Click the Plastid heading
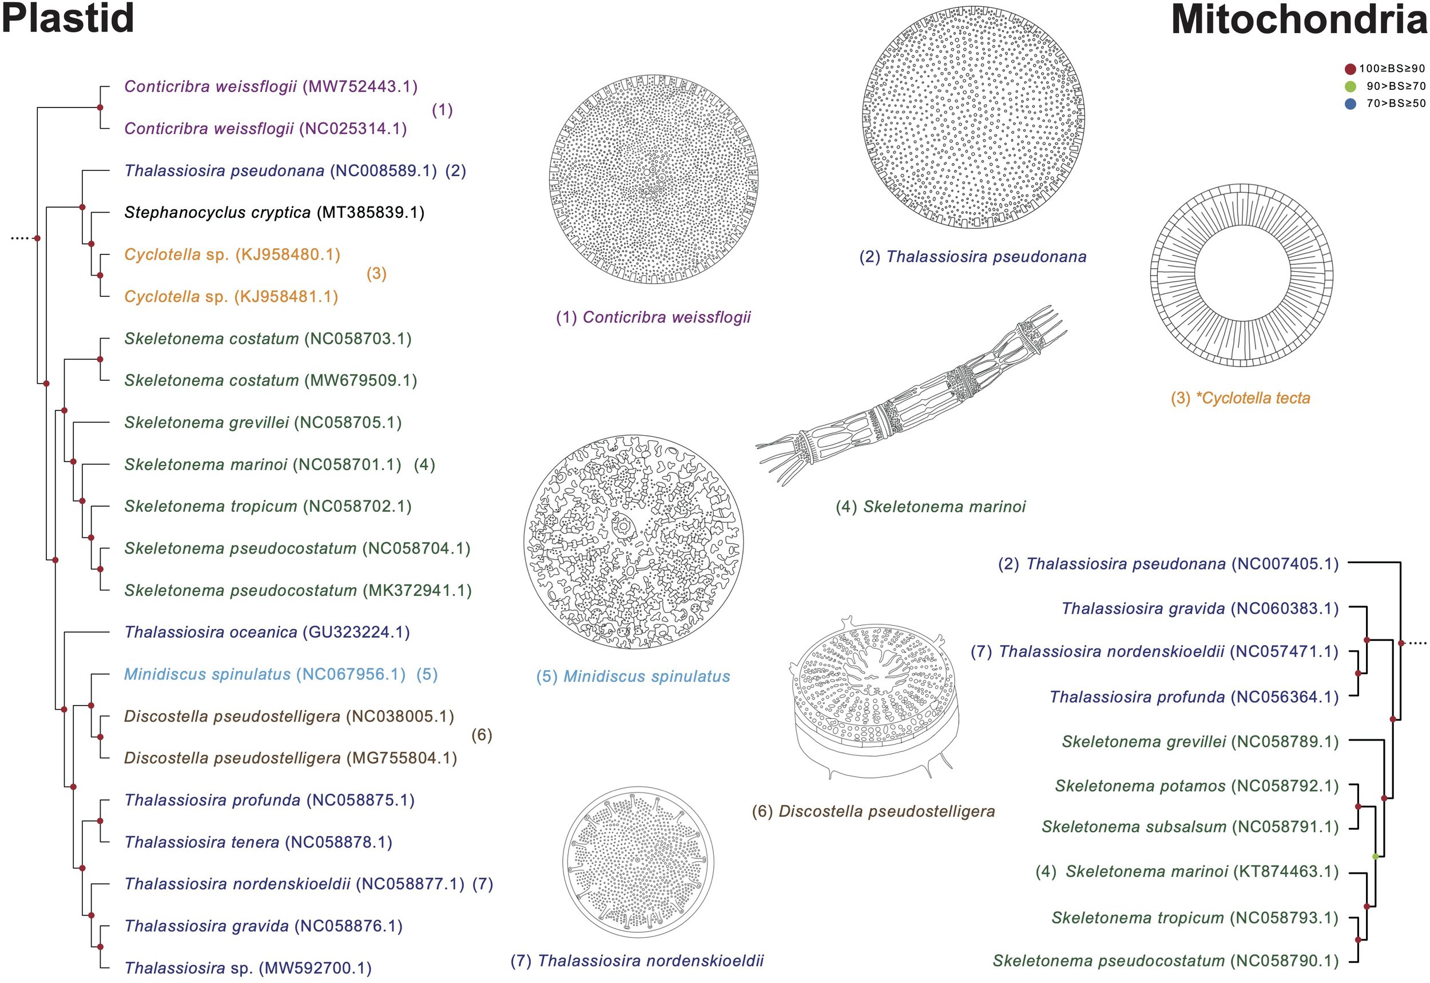(x=67, y=18)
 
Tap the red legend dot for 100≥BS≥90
(x=1350, y=69)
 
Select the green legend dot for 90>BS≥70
(x=1350, y=86)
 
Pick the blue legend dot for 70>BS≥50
(x=1350, y=104)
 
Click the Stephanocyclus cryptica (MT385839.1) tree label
(x=274, y=213)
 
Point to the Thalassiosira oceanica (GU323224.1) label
(x=267, y=632)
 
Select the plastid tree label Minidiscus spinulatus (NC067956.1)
(x=265, y=674)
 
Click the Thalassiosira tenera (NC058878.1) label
(x=258, y=842)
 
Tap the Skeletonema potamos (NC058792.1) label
(x=1196, y=786)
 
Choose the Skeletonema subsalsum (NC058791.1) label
(x=1190, y=826)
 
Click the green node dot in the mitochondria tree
(x=1375, y=857)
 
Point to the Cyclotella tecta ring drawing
(x=1241, y=274)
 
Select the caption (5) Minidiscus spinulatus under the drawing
(x=633, y=676)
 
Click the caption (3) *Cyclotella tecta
(x=1240, y=398)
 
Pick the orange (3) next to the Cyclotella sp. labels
(x=376, y=273)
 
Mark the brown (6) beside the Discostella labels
(x=481, y=735)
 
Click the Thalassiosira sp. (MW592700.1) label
(x=248, y=968)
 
